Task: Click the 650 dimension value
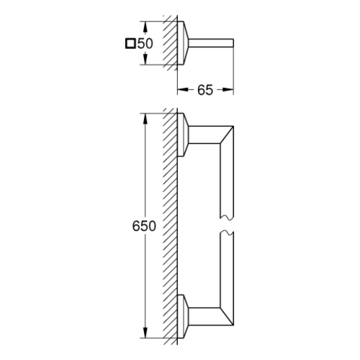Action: click(144, 226)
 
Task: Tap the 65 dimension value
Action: click(205, 90)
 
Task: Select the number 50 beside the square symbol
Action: click(145, 44)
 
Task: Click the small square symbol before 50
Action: click(130, 44)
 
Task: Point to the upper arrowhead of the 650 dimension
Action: click(145, 119)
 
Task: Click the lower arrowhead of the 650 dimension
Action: click(145, 333)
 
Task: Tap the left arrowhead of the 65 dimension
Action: click(183, 90)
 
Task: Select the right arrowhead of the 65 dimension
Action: click(228, 90)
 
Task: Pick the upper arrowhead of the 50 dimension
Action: click(145, 27)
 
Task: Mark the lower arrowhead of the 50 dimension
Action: click(145, 59)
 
